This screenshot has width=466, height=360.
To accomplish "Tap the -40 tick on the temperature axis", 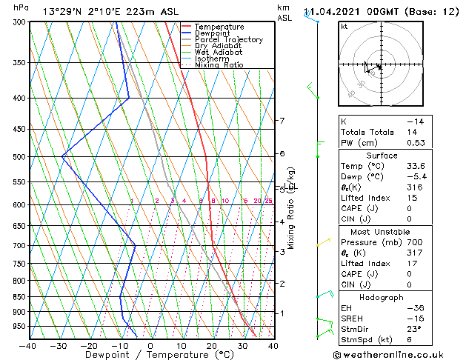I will pos(28,345).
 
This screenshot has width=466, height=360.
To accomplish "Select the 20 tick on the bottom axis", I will pos(211,345).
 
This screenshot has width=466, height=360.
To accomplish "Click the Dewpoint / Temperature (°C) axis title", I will pos(150,355).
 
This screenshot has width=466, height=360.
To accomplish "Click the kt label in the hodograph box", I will pos(344,27).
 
